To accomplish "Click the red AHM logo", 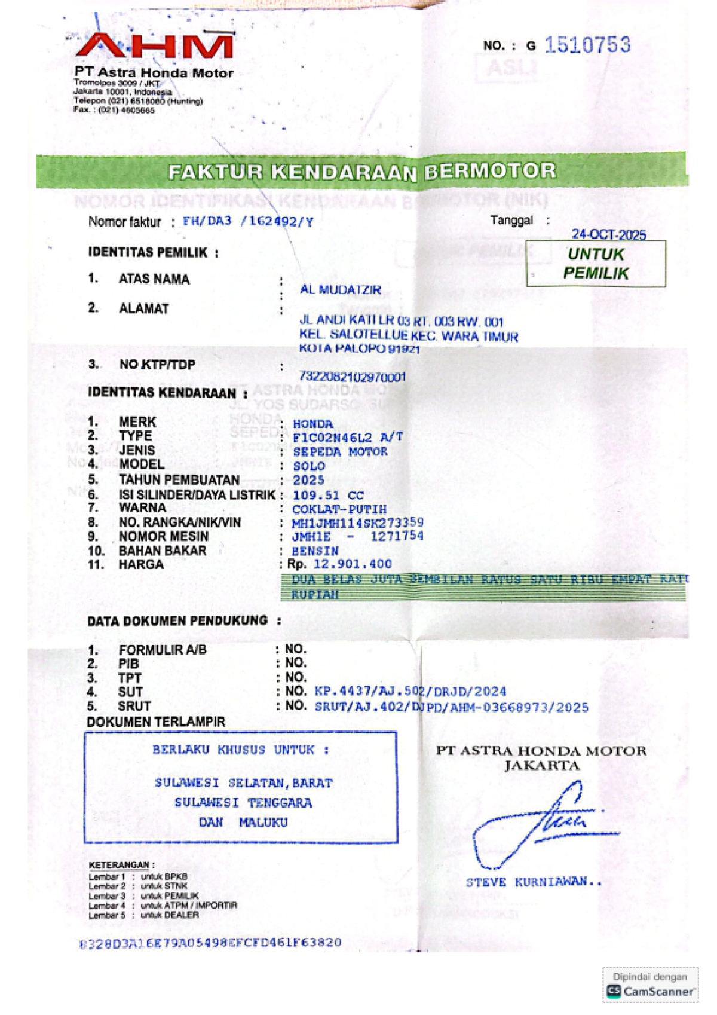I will [x=154, y=46].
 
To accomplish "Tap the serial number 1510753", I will [x=587, y=45].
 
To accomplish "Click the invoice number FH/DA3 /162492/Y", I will [x=247, y=221].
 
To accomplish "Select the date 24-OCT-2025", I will [x=608, y=234].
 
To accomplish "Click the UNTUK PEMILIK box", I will [x=596, y=264].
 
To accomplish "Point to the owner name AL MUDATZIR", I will [x=340, y=290].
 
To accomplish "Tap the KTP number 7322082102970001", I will [x=352, y=377].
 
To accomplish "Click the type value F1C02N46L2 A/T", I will [x=347, y=438].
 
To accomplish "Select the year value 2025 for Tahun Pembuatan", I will [x=308, y=481].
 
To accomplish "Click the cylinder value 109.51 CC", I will [x=327, y=496].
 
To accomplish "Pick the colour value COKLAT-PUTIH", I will [x=339, y=510].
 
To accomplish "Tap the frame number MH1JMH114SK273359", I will [x=357, y=524].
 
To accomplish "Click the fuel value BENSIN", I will [x=315, y=551].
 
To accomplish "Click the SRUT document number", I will [x=451, y=707].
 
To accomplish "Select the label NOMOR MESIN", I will [x=163, y=537].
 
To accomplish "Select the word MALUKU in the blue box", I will [x=263, y=823].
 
